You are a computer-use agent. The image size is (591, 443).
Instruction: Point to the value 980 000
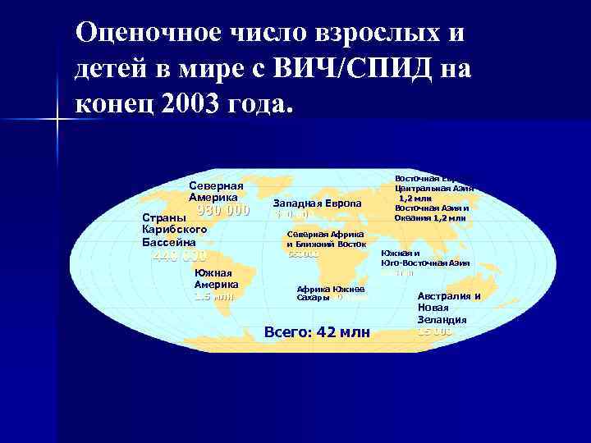pyautogui.click(x=222, y=210)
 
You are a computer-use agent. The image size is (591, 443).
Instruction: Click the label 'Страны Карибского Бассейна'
pyautogui.click(x=173, y=231)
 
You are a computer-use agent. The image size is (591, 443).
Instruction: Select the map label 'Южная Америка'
pyautogui.click(x=216, y=279)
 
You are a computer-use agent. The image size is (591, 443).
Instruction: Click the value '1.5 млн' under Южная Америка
pyautogui.click(x=213, y=297)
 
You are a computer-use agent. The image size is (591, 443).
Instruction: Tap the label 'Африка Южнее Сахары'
pyautogui.click(x=325, y=294)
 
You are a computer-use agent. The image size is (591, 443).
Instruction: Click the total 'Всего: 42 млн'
pyautogui.click(x=317, y=332)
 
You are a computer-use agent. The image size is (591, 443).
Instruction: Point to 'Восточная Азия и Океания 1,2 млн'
pyautogui.click(x=431, y=212)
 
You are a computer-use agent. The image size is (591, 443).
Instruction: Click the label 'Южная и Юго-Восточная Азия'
pyautogui.click(x=425, y=258)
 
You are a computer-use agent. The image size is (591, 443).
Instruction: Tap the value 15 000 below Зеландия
pyautogui.click(x=434, y=331)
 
